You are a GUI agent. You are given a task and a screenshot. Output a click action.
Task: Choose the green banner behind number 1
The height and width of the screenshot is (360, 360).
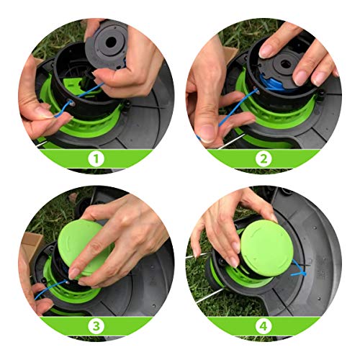point(43,156)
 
